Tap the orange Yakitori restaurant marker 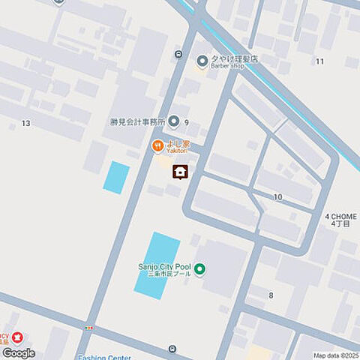click(x=157, y=145)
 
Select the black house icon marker click(x=180, y=172)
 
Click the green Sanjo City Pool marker click(x=200, y=268)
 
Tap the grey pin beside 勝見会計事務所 click(x=174, y=121)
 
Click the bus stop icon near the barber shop click(x=178, y=53)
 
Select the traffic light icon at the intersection click(x=90, y=328)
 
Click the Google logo click(x=19, y=352)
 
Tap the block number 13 click(x=26, y=123)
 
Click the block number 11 click(x=320, y=61)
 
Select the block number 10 click(x=277, y=196)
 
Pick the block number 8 click(x=271, y=295)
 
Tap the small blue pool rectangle click(x=116, y=177)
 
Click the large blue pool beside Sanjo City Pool click(x=157, y=265)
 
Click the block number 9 click(x=186, y=121)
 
